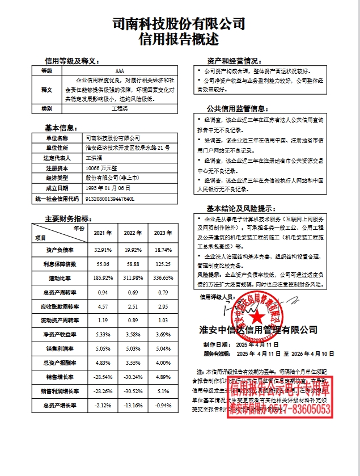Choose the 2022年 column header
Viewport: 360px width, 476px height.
pyautogui.click(x=133, y=233)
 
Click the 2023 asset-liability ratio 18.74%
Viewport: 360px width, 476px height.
pyautogui.click(x=163, y=249)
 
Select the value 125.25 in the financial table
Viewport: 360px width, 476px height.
pyautogui.click(x=163, y=264)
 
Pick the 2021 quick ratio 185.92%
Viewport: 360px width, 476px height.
pyautogui.click(x=103, y=278)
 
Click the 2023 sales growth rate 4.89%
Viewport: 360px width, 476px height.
pyautogui.click(x=163, y=377)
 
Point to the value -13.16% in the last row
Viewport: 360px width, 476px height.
pyautogui.click(x=133, y=405)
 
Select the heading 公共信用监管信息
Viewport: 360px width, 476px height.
pyautogui.click(x=236, y=108)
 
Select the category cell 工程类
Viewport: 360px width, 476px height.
pyautogui.click(x=120, y=108)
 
